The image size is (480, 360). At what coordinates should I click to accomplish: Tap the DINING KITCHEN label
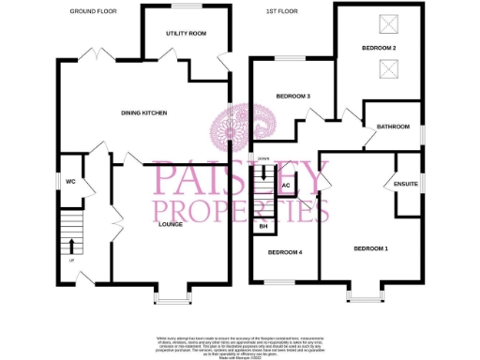143,113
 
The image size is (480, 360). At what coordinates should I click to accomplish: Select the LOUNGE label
170,225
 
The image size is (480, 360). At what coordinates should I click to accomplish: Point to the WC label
70,182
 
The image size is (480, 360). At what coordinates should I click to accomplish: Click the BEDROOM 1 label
370,248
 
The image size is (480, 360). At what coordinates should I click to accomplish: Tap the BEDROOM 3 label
292,97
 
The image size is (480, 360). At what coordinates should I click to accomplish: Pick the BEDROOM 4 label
286,252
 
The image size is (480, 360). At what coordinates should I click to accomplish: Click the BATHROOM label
393,127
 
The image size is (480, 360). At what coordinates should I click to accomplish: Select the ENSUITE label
405,185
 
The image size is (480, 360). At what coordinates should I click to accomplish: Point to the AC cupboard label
286,186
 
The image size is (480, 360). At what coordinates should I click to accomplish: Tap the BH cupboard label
263,227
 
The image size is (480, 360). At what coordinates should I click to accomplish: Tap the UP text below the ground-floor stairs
72,262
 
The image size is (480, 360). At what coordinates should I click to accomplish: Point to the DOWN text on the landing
263,158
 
